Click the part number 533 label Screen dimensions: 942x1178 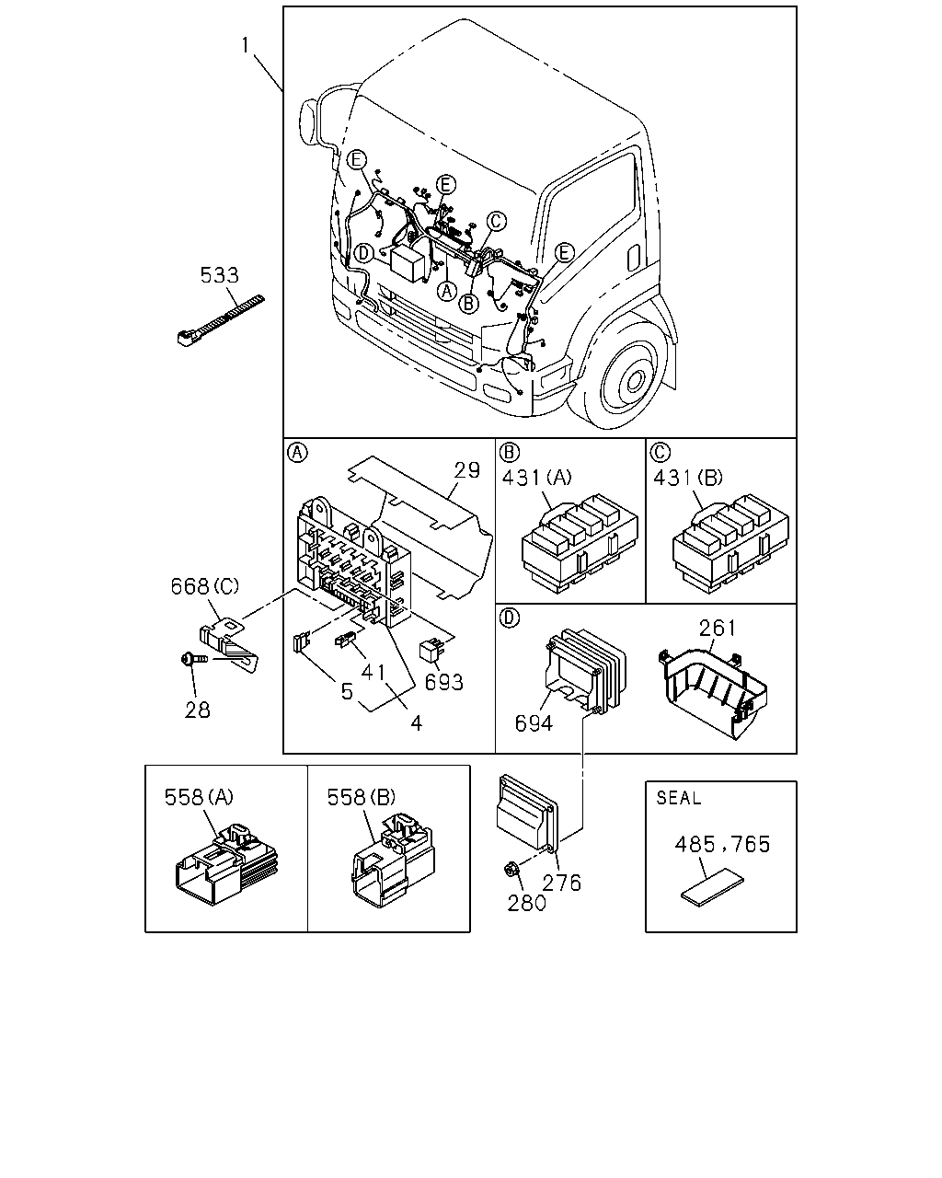point(219,275)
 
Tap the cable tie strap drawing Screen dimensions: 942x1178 point(221,321)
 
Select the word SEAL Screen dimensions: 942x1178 point(678,799)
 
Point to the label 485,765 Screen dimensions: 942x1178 point(722,845)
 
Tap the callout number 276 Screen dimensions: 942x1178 point(561,883)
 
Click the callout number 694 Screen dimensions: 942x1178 point(534,723)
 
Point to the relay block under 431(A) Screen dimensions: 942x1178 point(580,545)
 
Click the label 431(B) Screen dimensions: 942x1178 point(687,478)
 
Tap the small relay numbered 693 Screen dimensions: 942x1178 point(431,651)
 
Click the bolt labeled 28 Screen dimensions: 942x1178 point(194,660)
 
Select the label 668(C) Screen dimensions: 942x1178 point(205,586)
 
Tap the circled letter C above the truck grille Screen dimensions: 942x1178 point(496,222)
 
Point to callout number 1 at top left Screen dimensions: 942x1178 point(246,45)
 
